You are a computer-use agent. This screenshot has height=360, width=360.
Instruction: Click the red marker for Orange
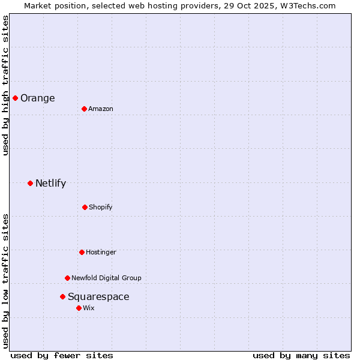15,98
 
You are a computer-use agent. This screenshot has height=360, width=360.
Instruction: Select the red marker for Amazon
84,109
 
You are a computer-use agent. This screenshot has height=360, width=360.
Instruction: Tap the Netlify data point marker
30,183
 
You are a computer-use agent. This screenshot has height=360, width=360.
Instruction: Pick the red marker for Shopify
85,207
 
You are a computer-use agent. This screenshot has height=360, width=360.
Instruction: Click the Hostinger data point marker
82,252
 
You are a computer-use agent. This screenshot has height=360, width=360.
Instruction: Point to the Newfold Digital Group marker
67,278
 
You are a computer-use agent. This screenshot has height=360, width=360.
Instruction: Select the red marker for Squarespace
62,296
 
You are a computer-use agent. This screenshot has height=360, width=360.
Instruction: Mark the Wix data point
79,308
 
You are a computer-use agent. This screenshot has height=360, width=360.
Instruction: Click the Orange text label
38,98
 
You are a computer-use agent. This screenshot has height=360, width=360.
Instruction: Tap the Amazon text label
101,109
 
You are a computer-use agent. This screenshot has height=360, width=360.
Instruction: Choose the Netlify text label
50,184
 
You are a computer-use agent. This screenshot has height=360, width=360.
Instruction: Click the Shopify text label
101,208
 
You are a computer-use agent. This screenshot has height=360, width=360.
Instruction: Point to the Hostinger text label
101,253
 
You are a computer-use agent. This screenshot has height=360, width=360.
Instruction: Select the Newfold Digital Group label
106,278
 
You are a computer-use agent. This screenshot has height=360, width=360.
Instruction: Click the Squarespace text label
98,297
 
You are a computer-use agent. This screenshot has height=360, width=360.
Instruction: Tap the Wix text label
89,308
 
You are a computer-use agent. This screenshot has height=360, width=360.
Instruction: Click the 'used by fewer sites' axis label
62,355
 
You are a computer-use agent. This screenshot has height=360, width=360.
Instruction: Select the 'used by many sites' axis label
301,355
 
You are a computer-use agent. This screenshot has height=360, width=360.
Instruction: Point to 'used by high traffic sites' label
5,86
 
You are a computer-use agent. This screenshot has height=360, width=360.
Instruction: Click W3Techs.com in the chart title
306,5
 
